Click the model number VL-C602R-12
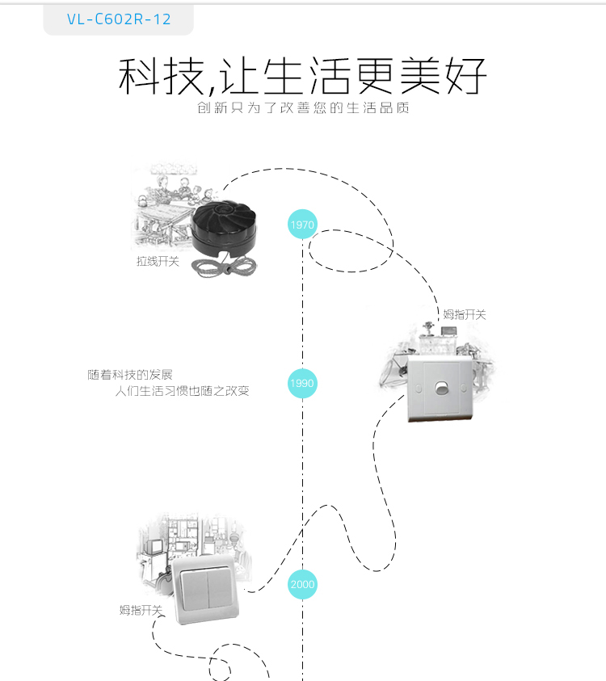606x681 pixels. pyautogui.click(x=119, y=19)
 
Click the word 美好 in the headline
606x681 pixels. pyautogui.click(x=455, y=77)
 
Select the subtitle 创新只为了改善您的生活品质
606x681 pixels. pyautogui.click(x=303, y=108)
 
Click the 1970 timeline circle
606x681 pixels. pyautogui.click(x=302, y=224)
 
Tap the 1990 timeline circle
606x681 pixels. pyautogui.click(x=302, y=383)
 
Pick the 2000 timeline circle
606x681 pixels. pyautogui.click(x=302, y=584)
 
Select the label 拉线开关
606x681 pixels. pyautogui.click(x=158, y=261)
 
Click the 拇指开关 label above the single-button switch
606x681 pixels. pyautogui.click(x=465, y=314)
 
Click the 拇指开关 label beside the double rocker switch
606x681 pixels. pyautogui.click(x=141, y=610)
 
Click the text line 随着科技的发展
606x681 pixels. pyautogui.click(x=130, y=375)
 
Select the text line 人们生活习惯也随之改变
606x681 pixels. pyautogui.click(x=182, y=391)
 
